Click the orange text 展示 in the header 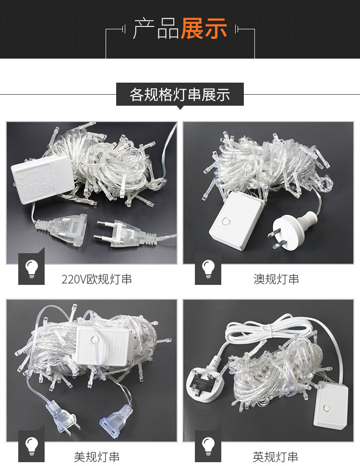[x=204, y=28]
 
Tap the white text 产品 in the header [x=156, y=28]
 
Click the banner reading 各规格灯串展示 [x=180, y=94]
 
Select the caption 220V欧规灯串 [x=96, y=280]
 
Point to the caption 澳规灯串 [x=276, y=280]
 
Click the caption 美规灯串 [x=96, y=457]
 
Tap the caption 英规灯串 [x=276, y=457]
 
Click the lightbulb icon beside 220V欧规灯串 [x=32, y=269]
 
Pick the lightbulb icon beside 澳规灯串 [x=208, y=269]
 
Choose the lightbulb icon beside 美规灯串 [x=32, y=446]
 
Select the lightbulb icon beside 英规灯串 [x=208, y=446]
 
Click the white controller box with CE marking [x=42, y=180]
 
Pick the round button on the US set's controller [x=95, y=339]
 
